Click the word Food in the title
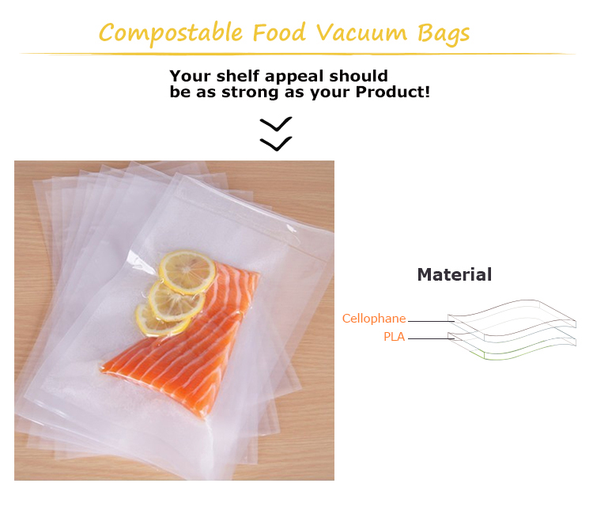click(x=280, y=33)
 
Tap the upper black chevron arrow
click(x=276, y=124)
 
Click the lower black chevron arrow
click(x=276, y=143)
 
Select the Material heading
click(x=454, y=274)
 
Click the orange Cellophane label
click(x=373, y=319)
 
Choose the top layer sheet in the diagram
click(x=514, y=312)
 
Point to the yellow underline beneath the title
click(x=296, y=54)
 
